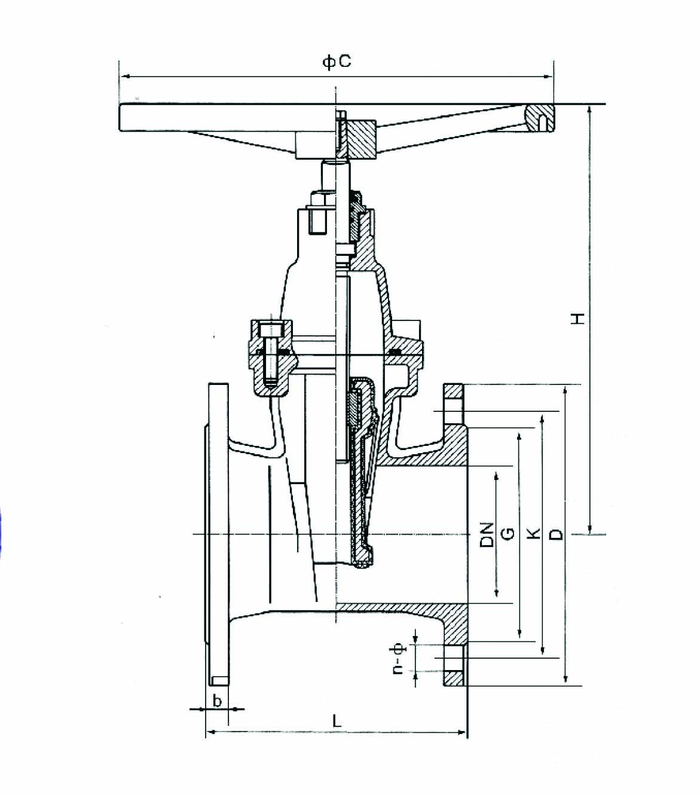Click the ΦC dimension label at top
pos(337,62)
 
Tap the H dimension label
pos(577,318)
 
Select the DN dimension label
pos(487,534)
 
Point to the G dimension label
pos(508,534)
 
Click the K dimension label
pos(533,533)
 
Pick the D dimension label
pos(555,534)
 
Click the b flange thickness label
pos(217,700)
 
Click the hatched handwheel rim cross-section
pos(540,118)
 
